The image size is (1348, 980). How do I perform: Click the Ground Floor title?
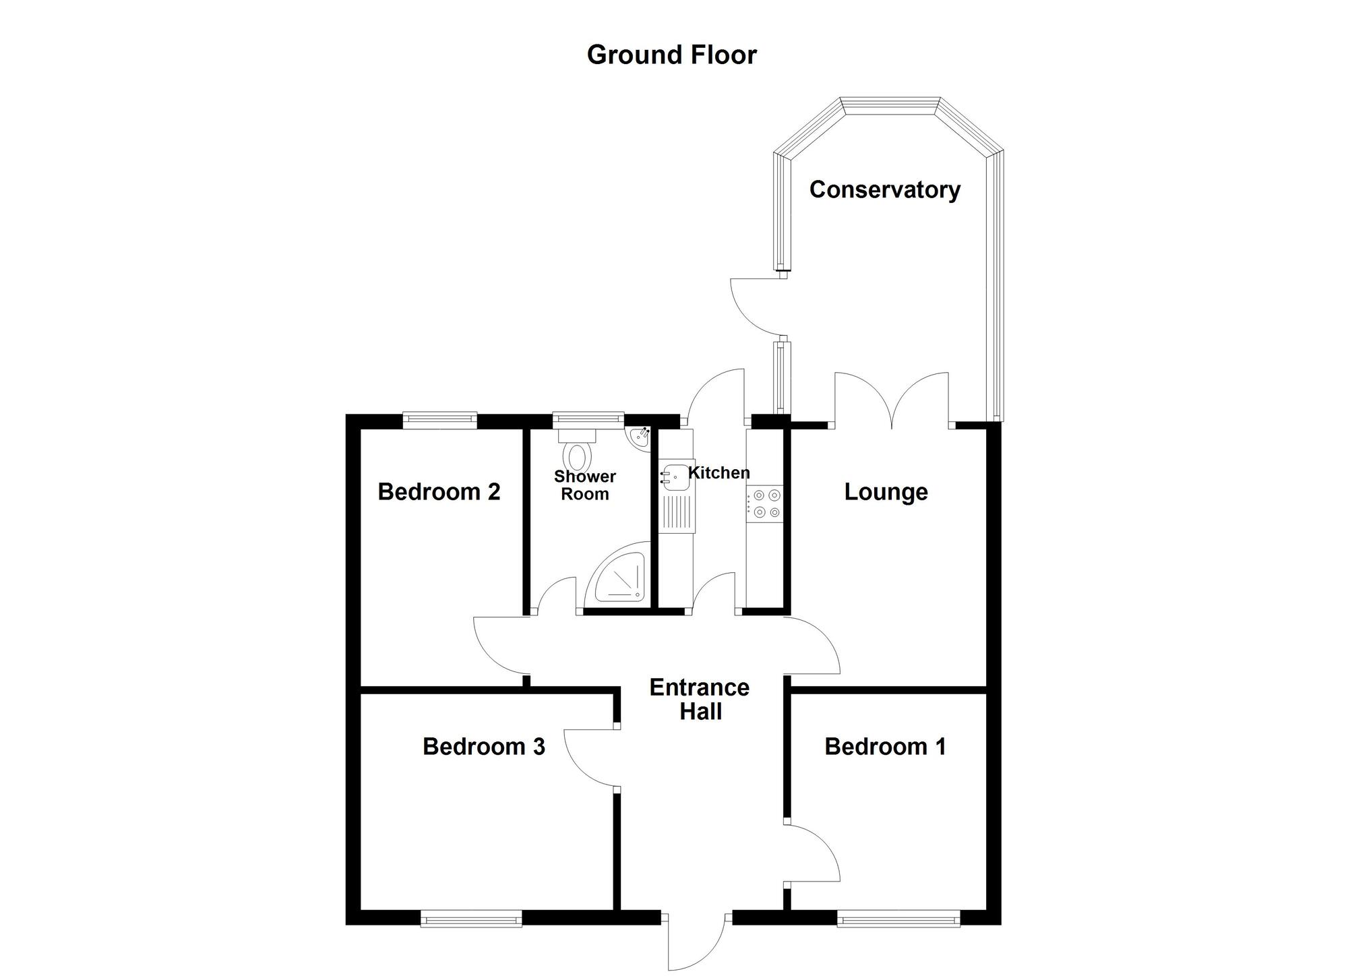pyautogui.click(x=671, y=55)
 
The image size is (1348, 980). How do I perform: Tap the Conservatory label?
pyautogui.click(x=884, y=190)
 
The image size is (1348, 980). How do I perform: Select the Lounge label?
pyautogui.click(x=886, y=492)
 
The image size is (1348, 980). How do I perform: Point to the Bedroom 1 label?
pyautogui.click(x=885, y=747)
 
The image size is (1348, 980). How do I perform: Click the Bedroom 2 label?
pyautogui.click(x=439, y=492)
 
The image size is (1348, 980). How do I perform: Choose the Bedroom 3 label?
pyautogui.click(x=483, y=747)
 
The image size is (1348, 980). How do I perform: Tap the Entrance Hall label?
pyautogui.click(x=700, y=700)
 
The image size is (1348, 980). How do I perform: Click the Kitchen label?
pyautogui.click(x=718, y=473)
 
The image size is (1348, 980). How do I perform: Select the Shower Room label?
pyautogui.click(x=584, y=485)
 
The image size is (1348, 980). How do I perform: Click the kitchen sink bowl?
pyautogui.click(x=674, y=476)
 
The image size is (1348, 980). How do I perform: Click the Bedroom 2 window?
pyautogui.click(x=440, y=421)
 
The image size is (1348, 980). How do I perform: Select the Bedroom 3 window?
pyautogui.click(x=471, y=918)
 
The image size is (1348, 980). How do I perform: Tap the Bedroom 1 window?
pyautogui.click(x=898, y=918)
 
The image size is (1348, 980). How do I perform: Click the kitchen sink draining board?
pyautogui.click(x=676, y=515)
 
